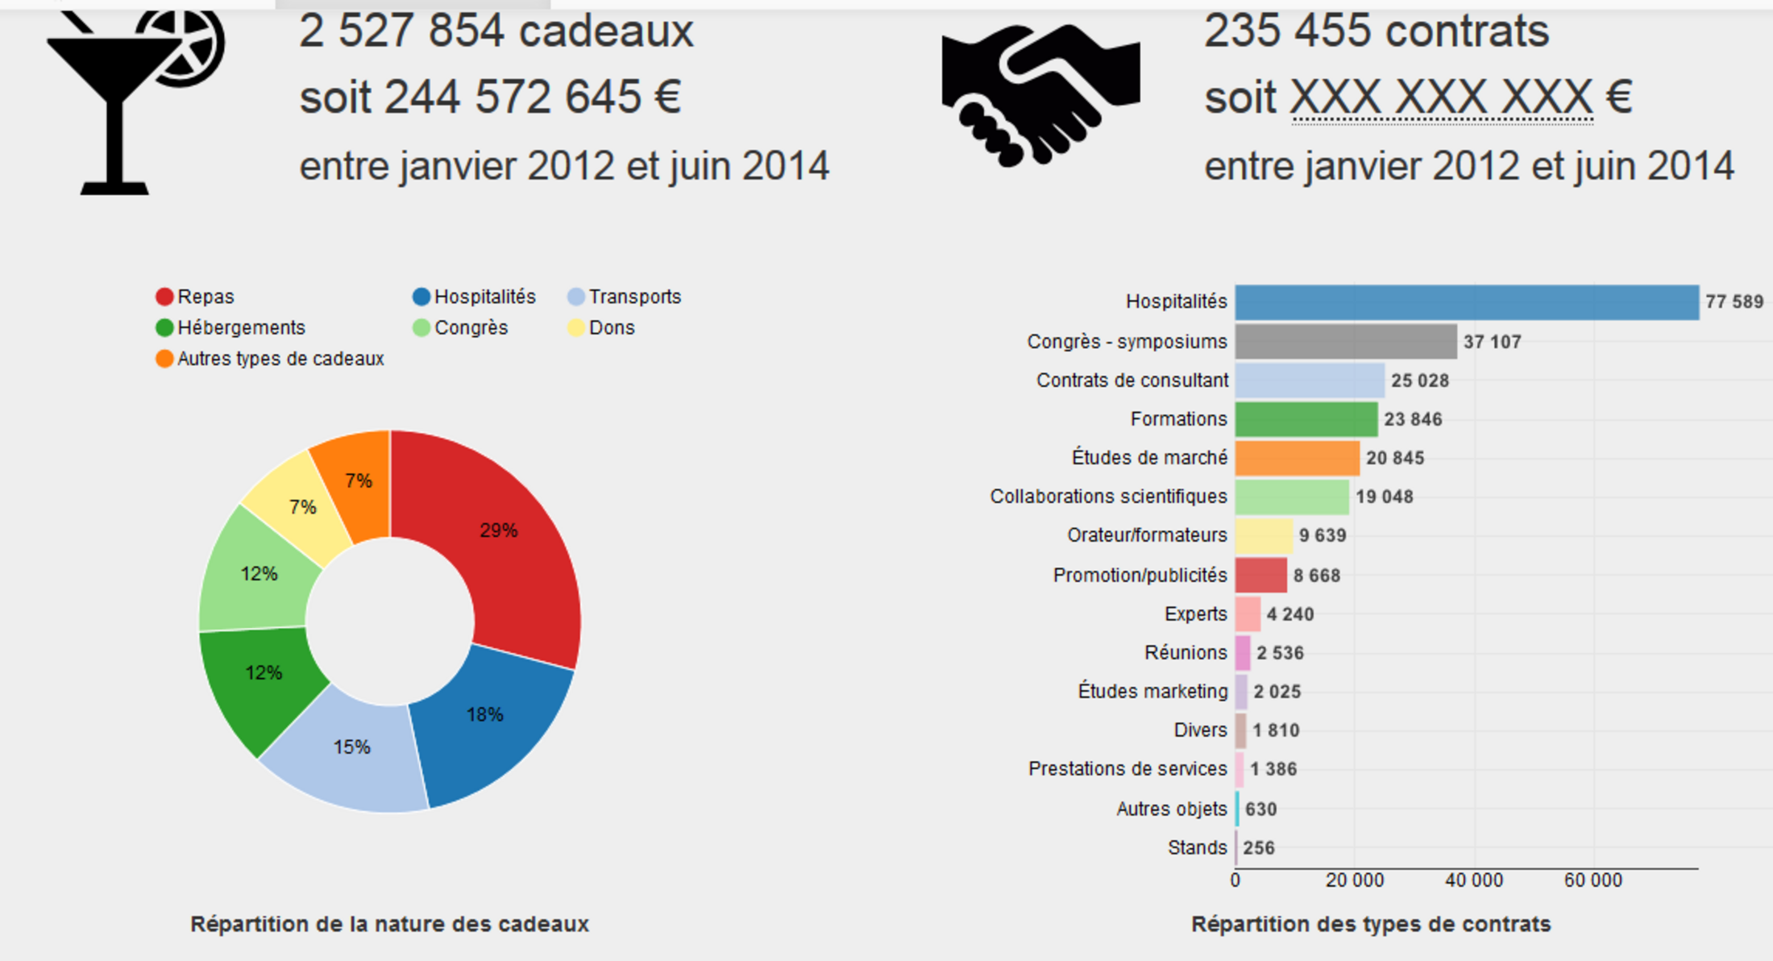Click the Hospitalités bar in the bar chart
[1467, 302]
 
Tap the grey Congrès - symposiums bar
[1346, 341]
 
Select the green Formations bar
[1306, 419]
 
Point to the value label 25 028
[1420, 381]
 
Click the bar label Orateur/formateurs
[1147, 535]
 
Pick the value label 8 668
[1317, 576]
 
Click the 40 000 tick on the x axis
[1474, 880]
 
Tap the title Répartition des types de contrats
[1371, 924]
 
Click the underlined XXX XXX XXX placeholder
[1442, 98]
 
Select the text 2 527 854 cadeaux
[496, 32]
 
